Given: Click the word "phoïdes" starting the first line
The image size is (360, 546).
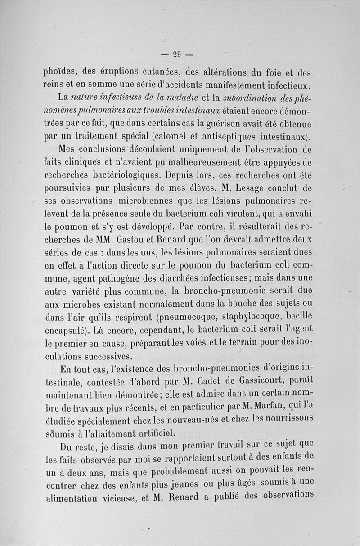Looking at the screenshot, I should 61,72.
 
